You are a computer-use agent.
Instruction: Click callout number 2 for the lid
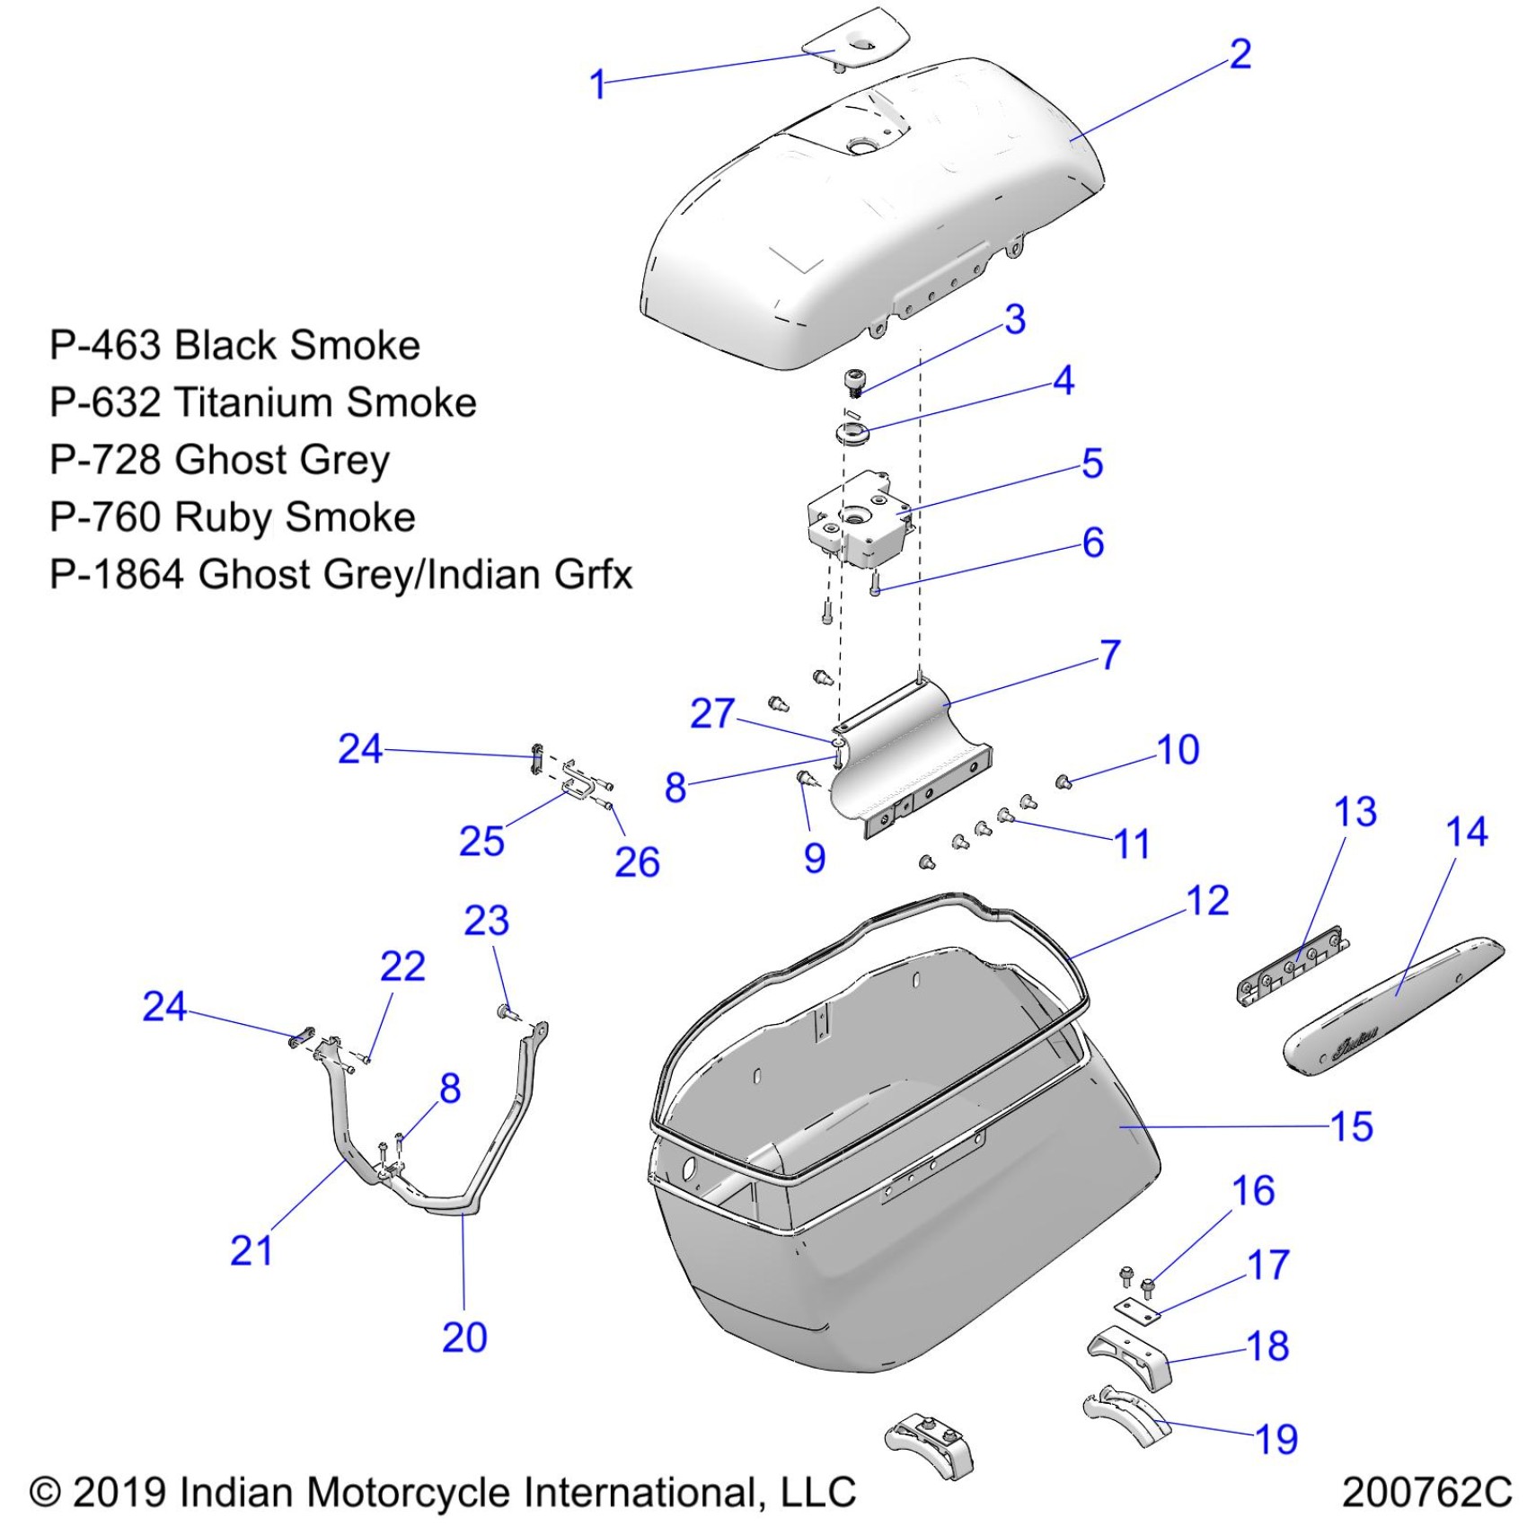pos(1240,54)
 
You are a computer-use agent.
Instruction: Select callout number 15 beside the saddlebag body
pos(1351,1126)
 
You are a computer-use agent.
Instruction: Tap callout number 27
pos(712,713)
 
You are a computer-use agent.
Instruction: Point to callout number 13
pos(1355,812)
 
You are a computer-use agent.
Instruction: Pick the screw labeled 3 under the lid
pos(854,381)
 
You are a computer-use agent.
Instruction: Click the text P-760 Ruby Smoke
pos(233,517)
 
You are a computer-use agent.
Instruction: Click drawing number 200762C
pos(1426,1493)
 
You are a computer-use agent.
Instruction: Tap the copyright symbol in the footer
pos(45,1493)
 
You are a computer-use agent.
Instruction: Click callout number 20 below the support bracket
pos(464,1337)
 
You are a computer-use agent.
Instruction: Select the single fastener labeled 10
pos(1064,781)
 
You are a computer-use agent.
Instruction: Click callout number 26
pos(637,862)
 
